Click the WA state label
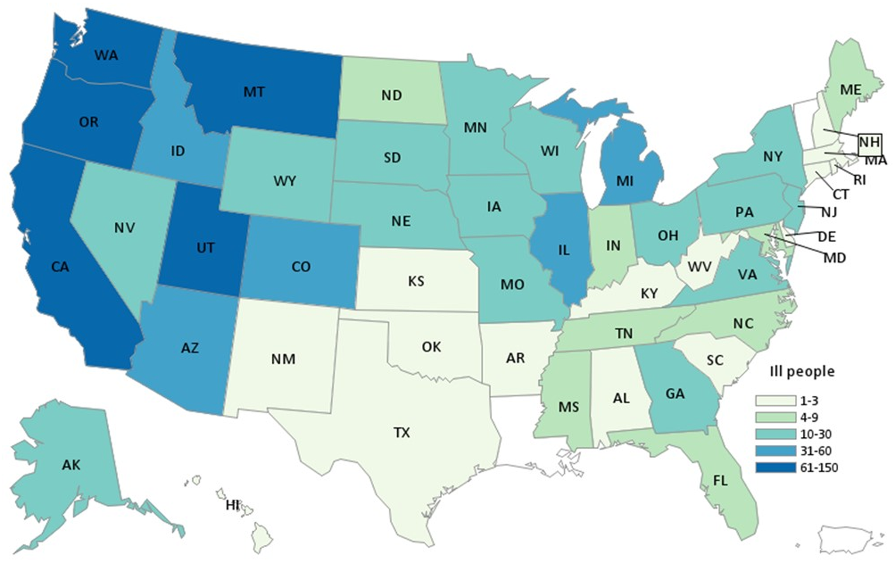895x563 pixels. (106, 55)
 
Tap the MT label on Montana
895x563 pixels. (254, 92)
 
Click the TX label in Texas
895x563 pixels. (402, 433)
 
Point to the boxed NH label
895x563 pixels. (869, 143)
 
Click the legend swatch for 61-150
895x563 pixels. (776, 467)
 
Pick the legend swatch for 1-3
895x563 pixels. (776, 401)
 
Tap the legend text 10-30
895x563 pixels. (816, 434)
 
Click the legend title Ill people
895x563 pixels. (802, 371)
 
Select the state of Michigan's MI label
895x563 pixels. (625, 181)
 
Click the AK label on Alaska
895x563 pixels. (71, 465)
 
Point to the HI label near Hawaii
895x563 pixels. (232, 505)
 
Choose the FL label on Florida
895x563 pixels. (720, 481)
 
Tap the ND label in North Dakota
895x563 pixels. (391, 95)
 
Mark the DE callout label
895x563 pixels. (826, 237)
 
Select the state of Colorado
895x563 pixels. (300, 267)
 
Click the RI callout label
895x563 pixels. (859, 180)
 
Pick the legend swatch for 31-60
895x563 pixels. (776, 451)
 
